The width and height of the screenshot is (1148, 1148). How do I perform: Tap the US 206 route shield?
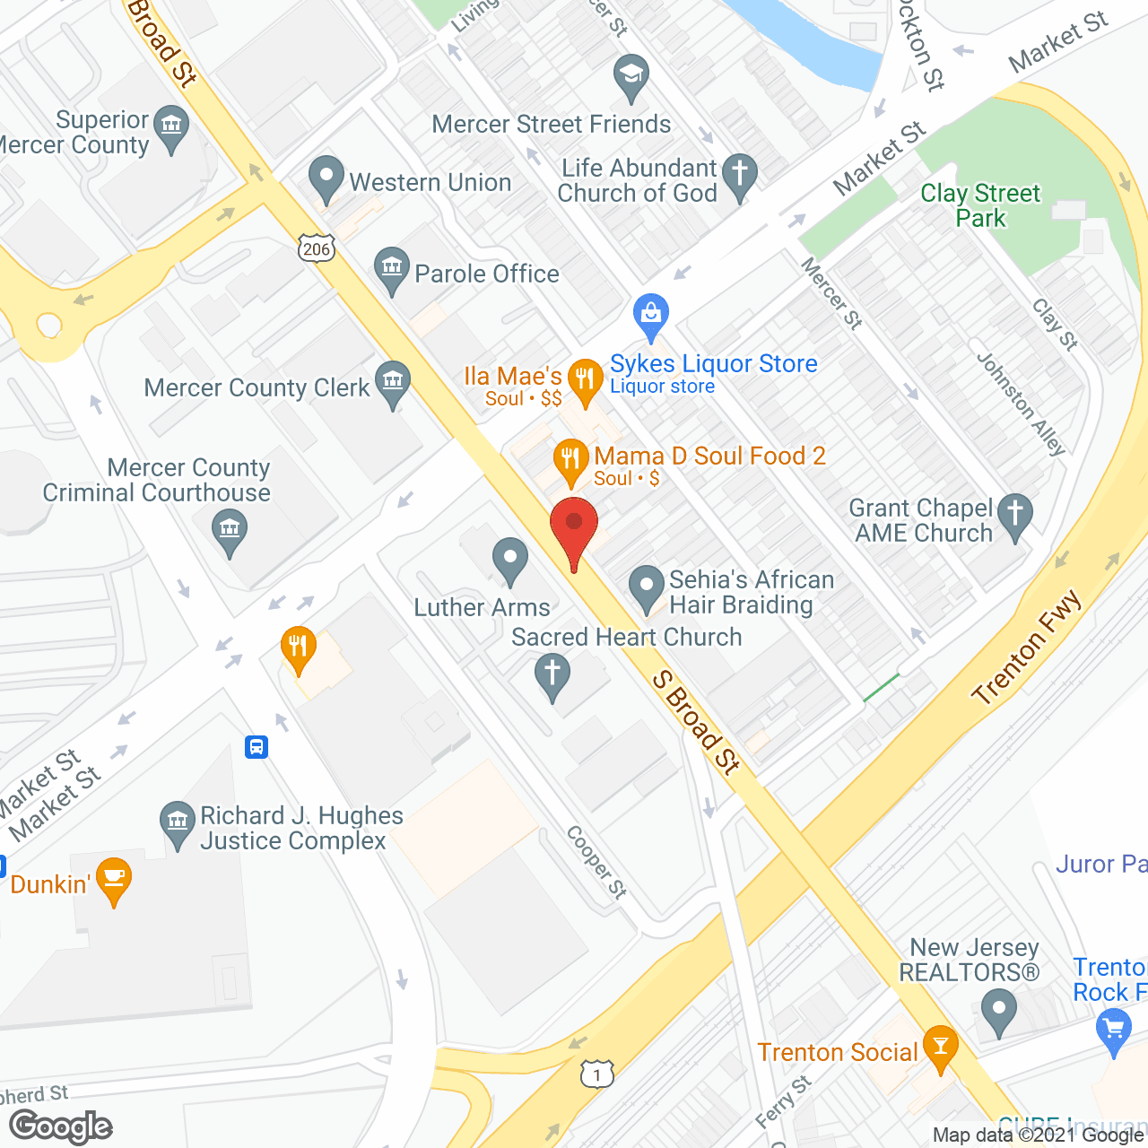click(317, 248)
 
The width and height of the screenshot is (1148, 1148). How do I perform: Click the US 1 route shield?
click(596, 1074)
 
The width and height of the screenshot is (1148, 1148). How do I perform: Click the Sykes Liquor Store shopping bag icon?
click(651, 314)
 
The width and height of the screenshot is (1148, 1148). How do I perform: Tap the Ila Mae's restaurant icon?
click(585, 378)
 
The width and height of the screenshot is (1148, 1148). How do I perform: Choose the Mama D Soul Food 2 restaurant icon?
click(570, 459)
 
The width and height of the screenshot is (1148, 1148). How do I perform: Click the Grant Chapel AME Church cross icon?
click(1015, 516)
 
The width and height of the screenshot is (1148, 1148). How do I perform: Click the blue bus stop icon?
click(257, 746)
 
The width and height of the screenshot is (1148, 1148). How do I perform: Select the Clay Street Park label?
click(980, 205)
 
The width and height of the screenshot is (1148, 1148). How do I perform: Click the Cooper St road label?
click(596, 862)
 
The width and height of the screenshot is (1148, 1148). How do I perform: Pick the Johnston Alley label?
click(1021, 404)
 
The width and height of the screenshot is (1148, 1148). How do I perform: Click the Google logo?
click(61, 1126)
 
